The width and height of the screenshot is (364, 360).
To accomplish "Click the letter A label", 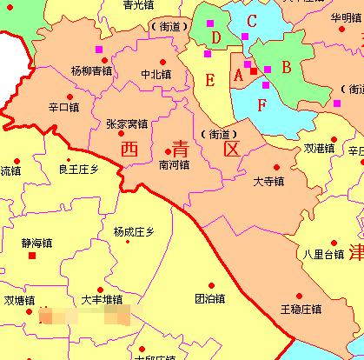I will pyautogui.click(x=238, y=75).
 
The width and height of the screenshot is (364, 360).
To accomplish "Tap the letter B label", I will pyautogui.click(x=286, y=65).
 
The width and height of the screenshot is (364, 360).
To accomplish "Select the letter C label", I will pyautogui.click(x=251, y=20).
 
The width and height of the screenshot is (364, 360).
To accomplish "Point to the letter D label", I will pyautogui.click(x=215, y=37).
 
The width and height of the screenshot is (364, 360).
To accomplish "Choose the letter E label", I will pyautogui.click(x=209, y=80).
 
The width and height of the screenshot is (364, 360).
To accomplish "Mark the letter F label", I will pyautogui.click(x=261, y=105).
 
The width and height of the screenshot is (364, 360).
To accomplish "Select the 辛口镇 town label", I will pyautogui.click(x=63, y=108).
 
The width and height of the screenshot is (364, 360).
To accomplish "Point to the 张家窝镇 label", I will pyautogui.click(x=126, y=124).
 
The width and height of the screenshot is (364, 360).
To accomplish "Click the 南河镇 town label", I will pyautogui.click(x=174, y=163).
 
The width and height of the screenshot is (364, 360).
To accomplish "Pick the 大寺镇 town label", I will pyautogui.click(x=268, y=183).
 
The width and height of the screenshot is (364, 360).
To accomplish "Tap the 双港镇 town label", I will pyautogui.click(x=319, y=149).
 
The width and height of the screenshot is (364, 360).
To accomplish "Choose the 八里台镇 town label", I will pyautogui.click(x=324, y=254).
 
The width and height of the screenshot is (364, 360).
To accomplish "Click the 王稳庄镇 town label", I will pyautogui.click(x=301, y=309).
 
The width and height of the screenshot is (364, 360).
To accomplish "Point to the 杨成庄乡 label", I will pyautogui.click(x=133, y=231).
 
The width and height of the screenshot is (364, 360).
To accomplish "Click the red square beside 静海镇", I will pyautogui.click(x=33, y=257).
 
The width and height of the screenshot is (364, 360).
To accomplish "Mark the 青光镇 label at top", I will pyautogui.click(x=137, y=5).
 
